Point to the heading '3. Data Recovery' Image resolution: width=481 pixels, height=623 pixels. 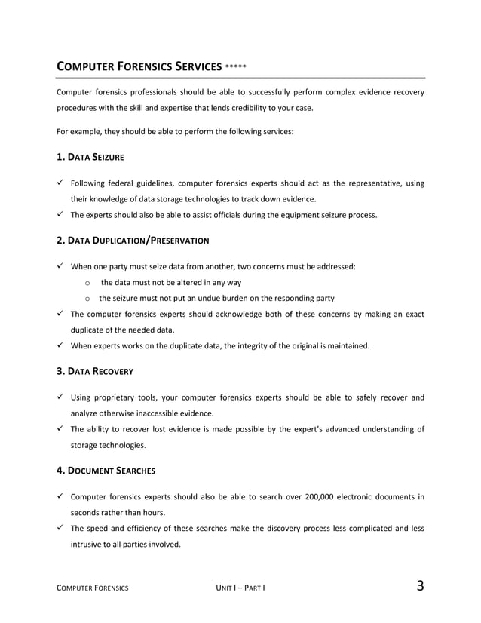point(96,371)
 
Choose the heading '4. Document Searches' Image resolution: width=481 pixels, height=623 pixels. point(106,471)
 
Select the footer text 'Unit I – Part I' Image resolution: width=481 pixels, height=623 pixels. point(240,588)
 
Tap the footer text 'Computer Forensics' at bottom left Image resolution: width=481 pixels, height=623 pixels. point(93,588)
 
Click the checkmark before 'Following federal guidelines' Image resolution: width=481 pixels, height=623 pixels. point(62,183)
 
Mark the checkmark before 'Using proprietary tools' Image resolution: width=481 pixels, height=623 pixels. point(62,397)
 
